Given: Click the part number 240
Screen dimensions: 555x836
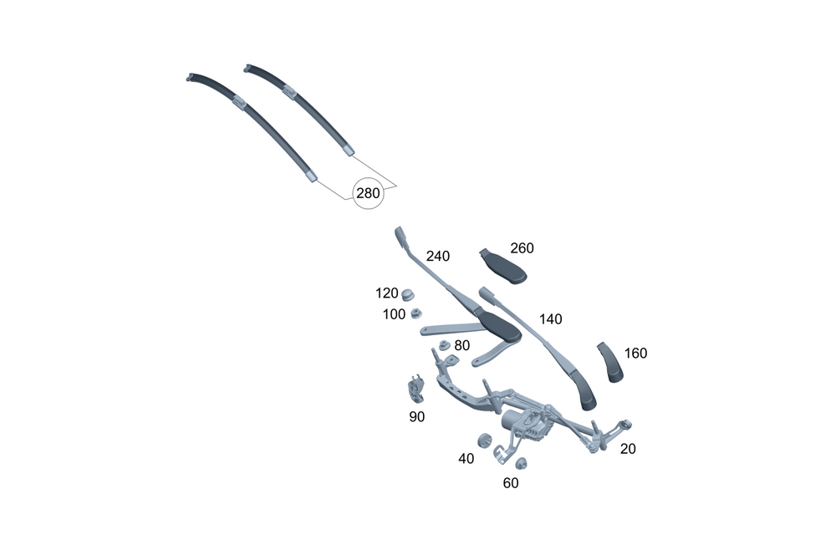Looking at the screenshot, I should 438,256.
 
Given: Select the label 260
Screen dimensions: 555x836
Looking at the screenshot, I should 522,248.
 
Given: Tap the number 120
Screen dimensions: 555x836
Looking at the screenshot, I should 387,293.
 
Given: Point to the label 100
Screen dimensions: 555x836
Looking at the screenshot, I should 394,314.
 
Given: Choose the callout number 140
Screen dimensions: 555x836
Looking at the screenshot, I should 551,318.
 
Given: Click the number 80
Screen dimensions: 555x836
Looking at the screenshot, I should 462,344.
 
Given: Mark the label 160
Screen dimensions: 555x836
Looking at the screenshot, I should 635,353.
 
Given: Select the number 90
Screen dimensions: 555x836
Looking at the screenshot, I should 417,416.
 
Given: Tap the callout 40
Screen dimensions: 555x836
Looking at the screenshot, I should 466,458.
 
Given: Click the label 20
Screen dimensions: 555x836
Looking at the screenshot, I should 628,449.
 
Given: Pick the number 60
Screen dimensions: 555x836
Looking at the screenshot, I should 511,482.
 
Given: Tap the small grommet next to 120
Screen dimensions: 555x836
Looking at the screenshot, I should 409,294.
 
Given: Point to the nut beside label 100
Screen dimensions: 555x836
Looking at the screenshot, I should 415,314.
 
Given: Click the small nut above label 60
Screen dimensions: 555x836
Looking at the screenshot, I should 519,464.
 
